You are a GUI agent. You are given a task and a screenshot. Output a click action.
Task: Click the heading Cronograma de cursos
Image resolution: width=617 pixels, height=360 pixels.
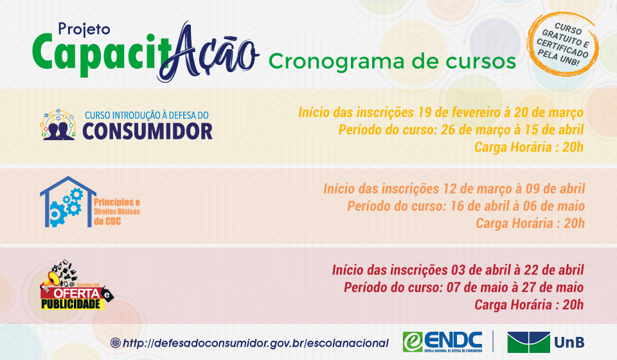pyautogui.click(x=392, y=61)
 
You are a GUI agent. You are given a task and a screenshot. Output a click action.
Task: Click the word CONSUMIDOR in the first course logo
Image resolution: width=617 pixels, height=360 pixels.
pyautogui.click(x=147, y=130)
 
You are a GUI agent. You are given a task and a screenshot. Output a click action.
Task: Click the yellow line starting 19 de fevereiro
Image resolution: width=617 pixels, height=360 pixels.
pyautogui.click(x=440, y=113)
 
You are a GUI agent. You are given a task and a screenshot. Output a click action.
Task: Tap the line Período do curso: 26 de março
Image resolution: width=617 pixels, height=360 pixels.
pyautogui.click(x=461, y=130)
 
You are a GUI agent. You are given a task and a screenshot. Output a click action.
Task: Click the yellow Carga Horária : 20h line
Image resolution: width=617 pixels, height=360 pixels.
pyautogui.click(x=528, y=147)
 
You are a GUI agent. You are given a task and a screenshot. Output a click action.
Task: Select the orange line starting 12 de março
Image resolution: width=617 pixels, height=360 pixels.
pyautogui.click(x=454, y=189)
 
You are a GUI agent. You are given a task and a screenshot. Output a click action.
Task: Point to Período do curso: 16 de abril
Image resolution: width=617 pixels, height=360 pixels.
pyautogui.click(x=465, y=206)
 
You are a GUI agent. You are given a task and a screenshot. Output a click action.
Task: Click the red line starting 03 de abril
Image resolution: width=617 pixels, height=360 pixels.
pyautogui.click(x=458, y=269)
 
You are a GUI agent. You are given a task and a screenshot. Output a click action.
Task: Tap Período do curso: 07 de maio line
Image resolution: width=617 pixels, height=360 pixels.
pyautogui.click(x=463, y=287)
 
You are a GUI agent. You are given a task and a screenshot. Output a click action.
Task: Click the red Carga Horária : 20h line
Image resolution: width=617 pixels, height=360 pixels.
pyautogui.click(x=528, y=304)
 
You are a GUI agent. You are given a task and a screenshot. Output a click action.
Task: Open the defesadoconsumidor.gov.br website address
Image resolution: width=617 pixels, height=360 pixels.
pyautogui.click(x=249, y=343)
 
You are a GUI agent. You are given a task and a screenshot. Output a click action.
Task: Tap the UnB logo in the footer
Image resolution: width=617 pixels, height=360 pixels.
pyautogui.click(x=545, y=342)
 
